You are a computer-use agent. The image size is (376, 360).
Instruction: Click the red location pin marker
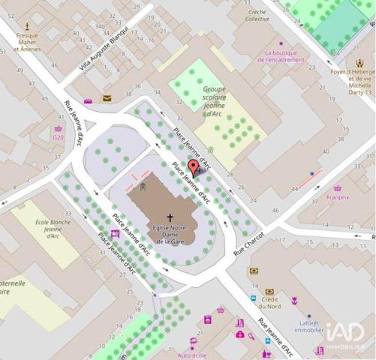193,167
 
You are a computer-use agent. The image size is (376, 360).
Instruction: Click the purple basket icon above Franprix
338,187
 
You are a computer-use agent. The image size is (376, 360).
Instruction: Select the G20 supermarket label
58,137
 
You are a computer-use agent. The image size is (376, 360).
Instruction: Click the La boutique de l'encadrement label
284,56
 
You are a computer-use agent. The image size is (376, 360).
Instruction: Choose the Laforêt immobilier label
308,325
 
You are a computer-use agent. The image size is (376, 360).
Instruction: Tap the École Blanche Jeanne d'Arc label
53,227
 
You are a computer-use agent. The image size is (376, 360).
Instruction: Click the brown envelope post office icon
107,98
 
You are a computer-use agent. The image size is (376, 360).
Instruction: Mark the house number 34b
100,26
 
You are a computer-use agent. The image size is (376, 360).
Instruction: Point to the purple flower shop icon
294,300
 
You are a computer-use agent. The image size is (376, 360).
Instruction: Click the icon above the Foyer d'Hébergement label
359,64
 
